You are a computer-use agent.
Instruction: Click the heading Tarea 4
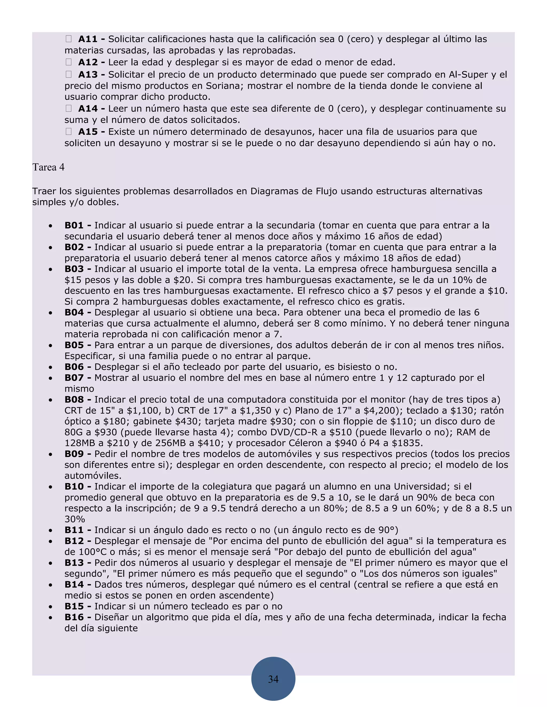48,167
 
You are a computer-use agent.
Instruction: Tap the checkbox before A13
68,74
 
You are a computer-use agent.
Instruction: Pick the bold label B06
74,367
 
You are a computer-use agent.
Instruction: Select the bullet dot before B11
50,531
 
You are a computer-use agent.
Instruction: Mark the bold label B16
74,617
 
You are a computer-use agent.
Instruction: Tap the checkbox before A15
68,132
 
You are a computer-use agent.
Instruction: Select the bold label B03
74,269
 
